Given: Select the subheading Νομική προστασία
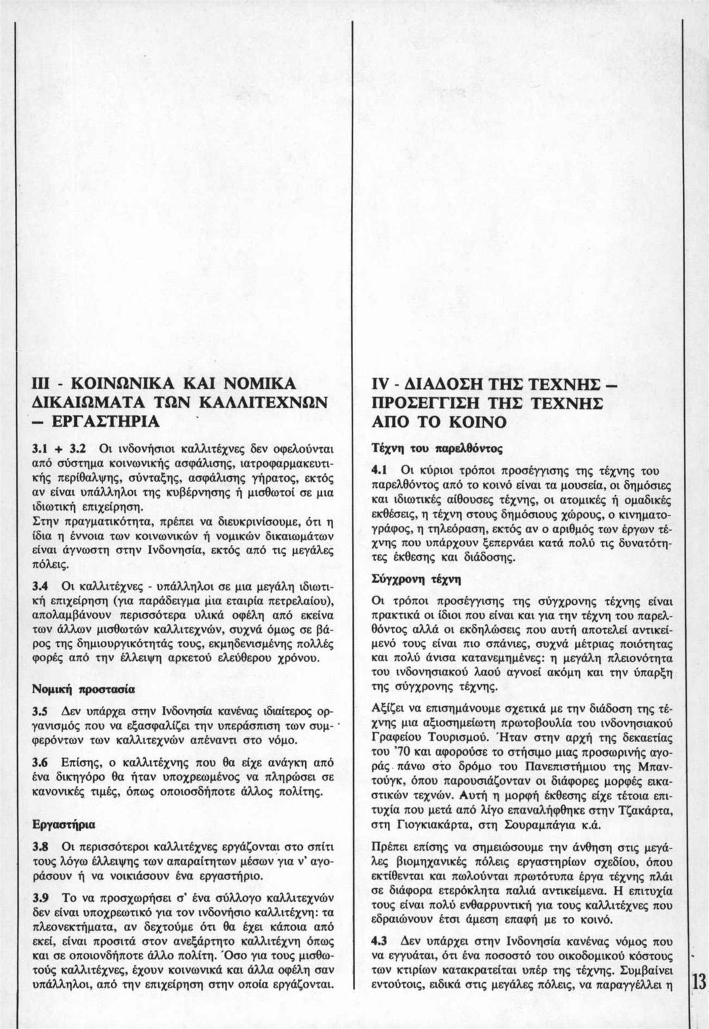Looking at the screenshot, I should point(84,690).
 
